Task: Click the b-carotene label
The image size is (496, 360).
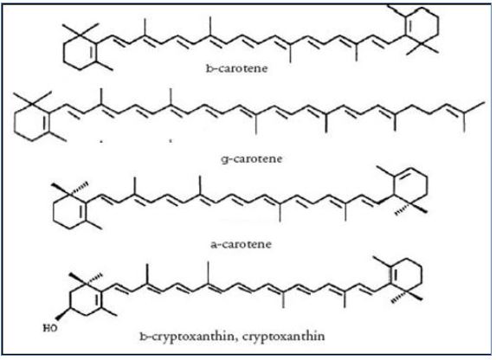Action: point(236,68)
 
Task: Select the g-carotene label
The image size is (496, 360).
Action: point(252,158)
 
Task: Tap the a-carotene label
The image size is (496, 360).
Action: point(241,244)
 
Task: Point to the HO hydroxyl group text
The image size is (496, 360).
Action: point(50,328)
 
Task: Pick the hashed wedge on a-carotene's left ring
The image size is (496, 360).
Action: point(79,186)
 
